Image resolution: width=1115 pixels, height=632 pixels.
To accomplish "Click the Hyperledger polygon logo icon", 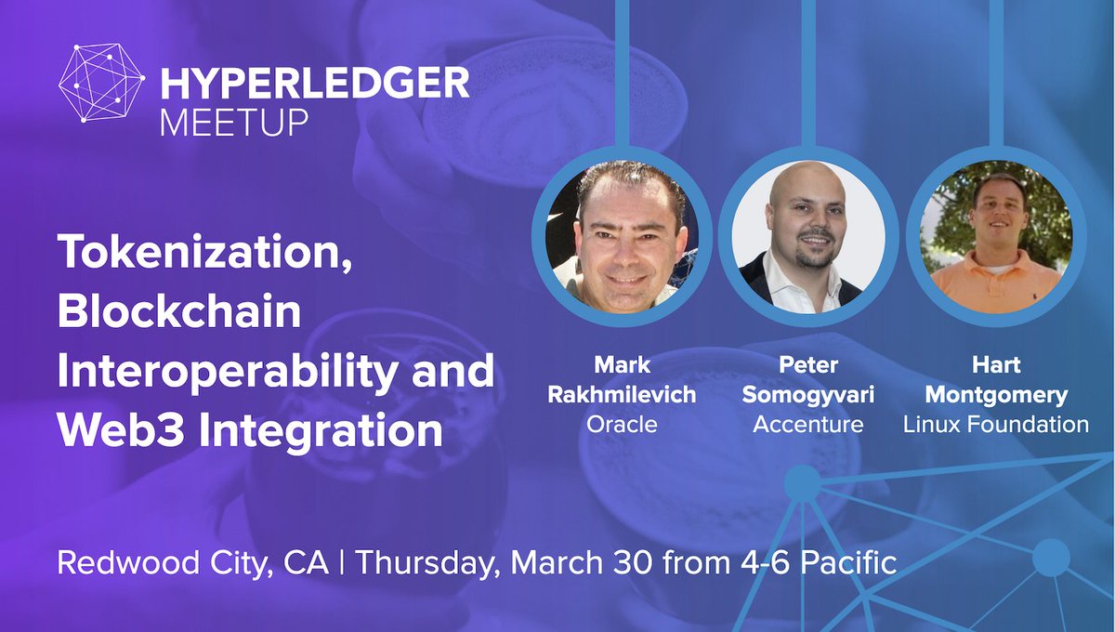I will click(100, 83).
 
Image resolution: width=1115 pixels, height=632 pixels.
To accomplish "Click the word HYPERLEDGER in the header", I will click(315, 86).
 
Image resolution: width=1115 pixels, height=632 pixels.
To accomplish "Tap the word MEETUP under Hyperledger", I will click(233, 122).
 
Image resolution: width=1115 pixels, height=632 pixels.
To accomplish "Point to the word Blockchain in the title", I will click(179, 313).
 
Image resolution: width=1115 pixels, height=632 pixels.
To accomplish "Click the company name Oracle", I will click(622, 425).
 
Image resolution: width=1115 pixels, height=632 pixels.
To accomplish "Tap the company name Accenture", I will click(807, 425).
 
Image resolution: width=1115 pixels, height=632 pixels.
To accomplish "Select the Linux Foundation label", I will click(996, 425).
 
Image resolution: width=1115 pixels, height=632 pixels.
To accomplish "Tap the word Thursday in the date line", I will click(428, 563).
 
